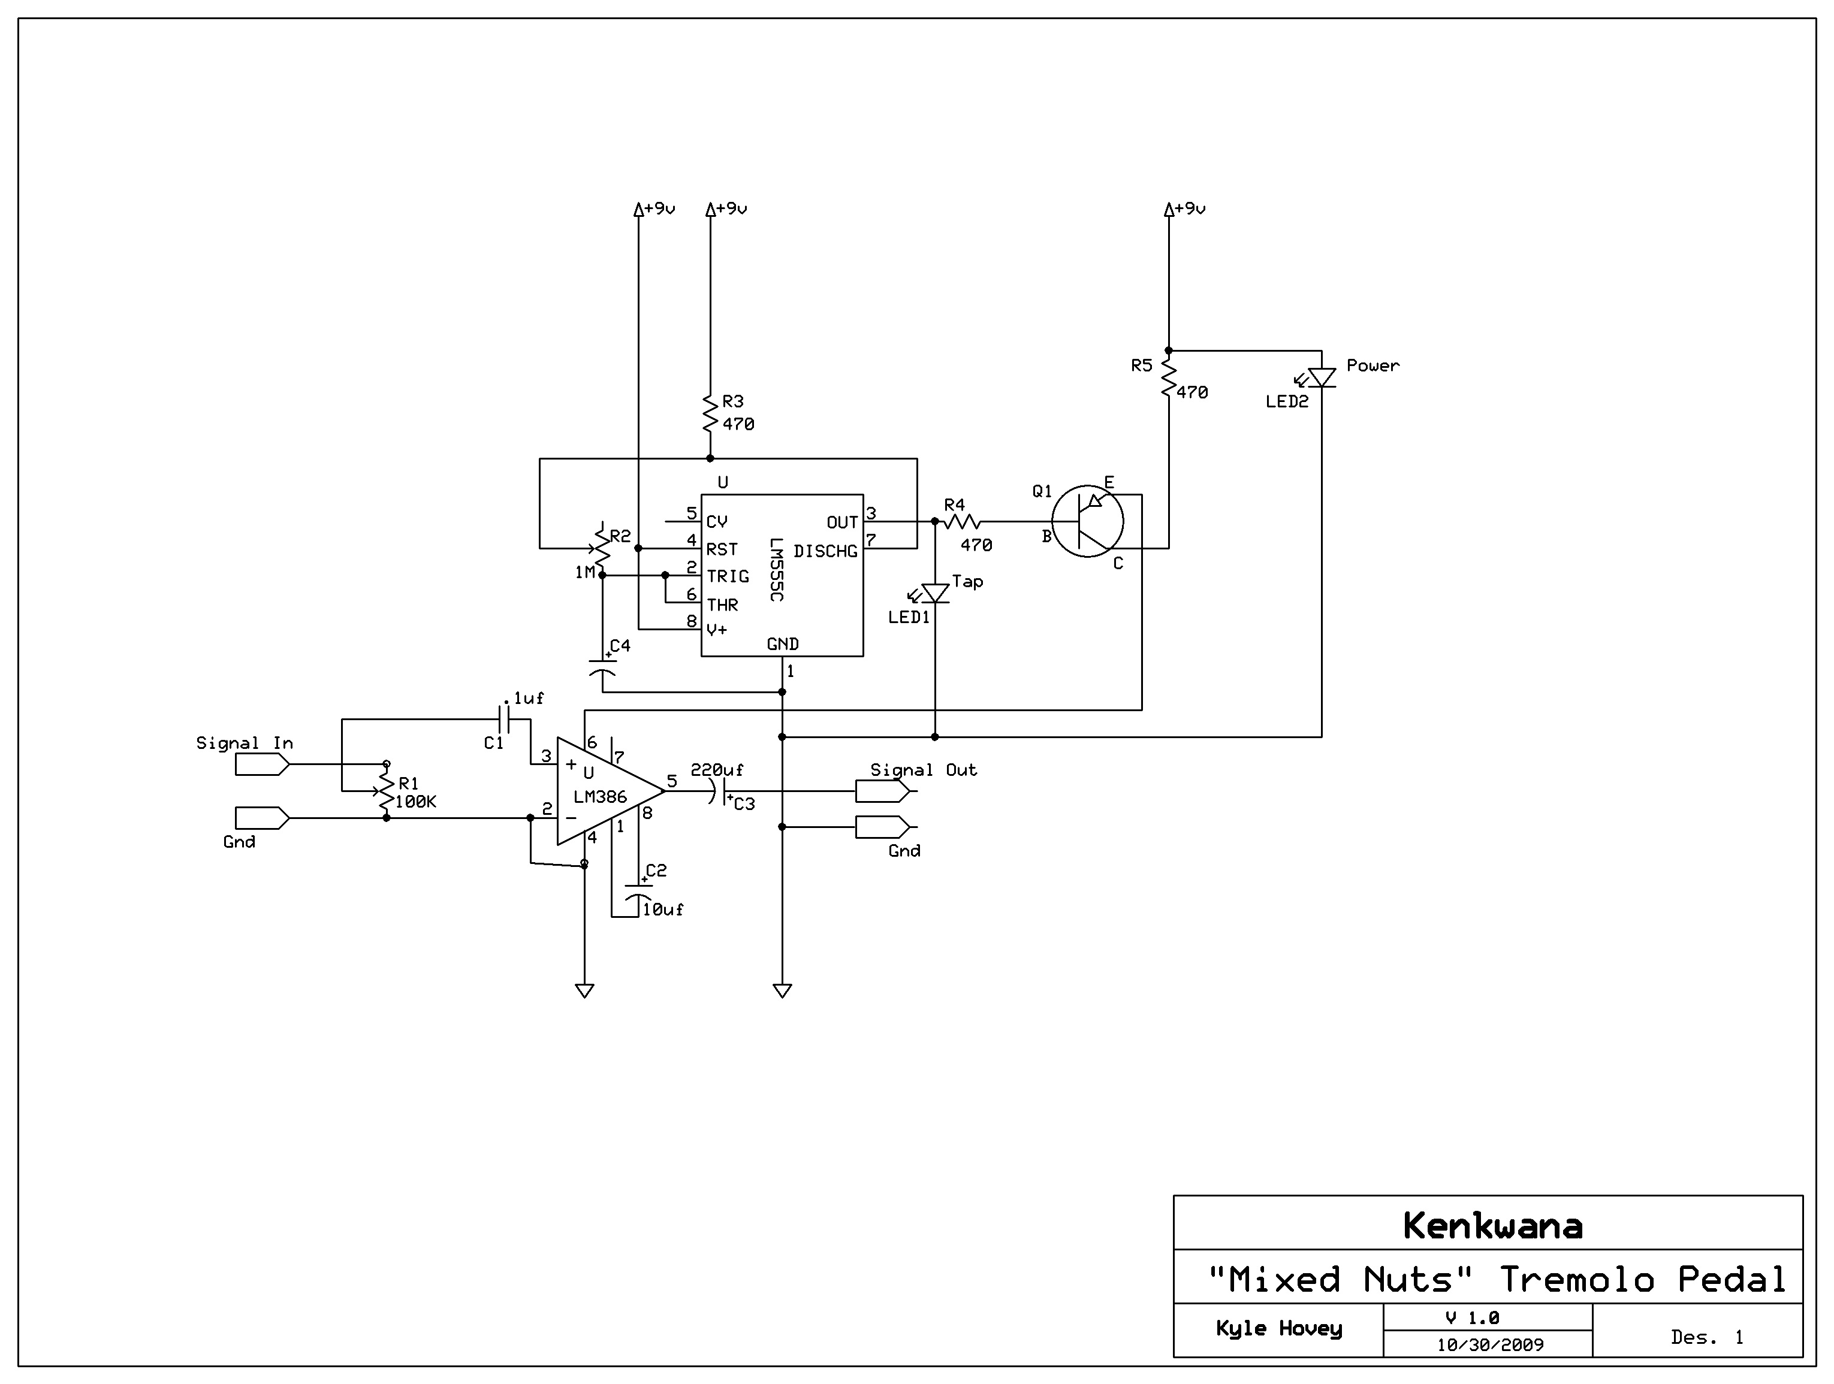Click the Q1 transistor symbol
1087,521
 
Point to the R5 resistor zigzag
1168,377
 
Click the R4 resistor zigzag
962,521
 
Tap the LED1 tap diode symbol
934,593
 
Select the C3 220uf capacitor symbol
718,791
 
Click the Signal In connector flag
262,765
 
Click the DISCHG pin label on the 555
825,551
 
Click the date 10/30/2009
1490,1345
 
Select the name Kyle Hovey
1278,1328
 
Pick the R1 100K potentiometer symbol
385,790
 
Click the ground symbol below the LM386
584,990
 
